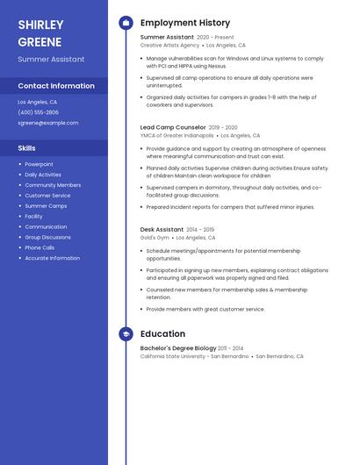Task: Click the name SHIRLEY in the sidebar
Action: pyautogui.click(x=41, y=25)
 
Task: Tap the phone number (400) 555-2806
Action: pyautogui.click(x=39, y=112)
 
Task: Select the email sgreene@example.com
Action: pyautogui.click(x=48, y=123)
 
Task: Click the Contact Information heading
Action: pyautogui.click(x=56, y=86)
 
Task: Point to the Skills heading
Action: pyautogui.click(x=27, y=148)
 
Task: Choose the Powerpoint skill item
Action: pyautogui.click(x=39, y=164)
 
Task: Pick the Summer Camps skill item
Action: pyautogui.click(x=46, y=205)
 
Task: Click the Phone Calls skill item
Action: pyautogui.click(x=40, y=247)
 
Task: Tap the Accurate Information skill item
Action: pyautogui.click(x=53, y=258)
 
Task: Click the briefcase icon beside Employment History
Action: pyautogui.click(x=126, y=23)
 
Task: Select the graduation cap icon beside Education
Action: pyautogui.click(x=126, y=334)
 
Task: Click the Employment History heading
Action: pyautogui.click(x=185, y=23)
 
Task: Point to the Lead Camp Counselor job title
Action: pyautogui.click(x=173, y=127)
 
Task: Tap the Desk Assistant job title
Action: pyautogui.click(x=162, y=230)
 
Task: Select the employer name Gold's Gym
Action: pyautogui.click(x=155, y=238)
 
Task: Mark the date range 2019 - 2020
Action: pyautogui.click(x=224, y=127)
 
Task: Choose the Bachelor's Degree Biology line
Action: pyautogui.click(x=178, y=348)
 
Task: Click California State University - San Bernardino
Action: pyautogui.click(x=194, y=357)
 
